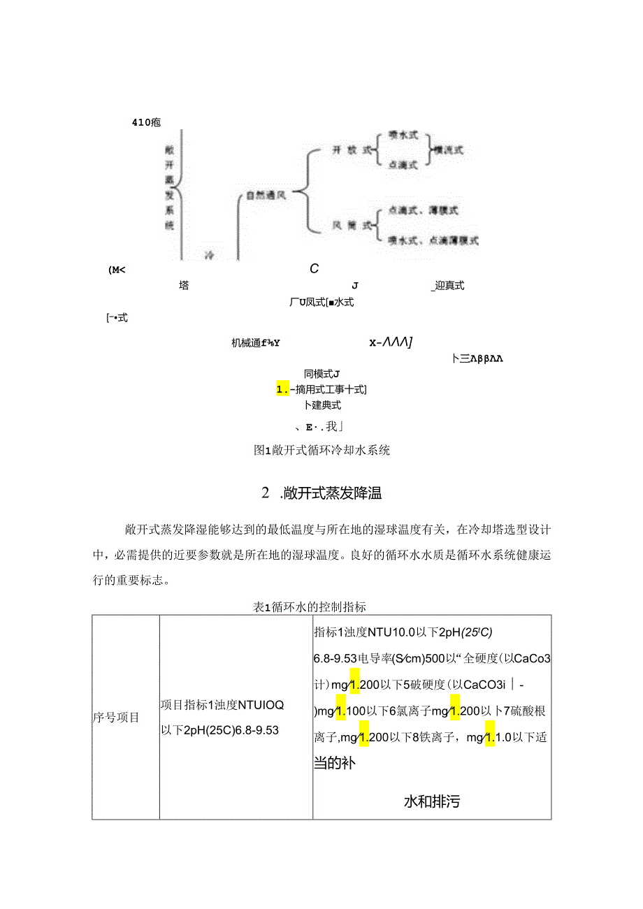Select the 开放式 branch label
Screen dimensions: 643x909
(350, 150)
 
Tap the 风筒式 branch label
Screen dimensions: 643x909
(350, 225)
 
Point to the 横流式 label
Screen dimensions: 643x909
(448, 150)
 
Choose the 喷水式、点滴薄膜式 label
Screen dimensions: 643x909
(433, 240)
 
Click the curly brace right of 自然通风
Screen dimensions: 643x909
(301, 189)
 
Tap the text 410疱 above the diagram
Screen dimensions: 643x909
(146, 122)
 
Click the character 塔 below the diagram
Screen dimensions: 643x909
(184, 285)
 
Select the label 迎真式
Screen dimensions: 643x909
(448, 285)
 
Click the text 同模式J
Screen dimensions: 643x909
(321, 374)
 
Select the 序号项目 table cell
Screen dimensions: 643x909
(116, 717)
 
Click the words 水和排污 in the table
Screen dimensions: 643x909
(432, 801)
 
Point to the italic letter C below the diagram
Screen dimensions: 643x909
(315, 268)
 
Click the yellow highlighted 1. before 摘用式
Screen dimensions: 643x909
(283, 389)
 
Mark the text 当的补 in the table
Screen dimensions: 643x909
(334, 764)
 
